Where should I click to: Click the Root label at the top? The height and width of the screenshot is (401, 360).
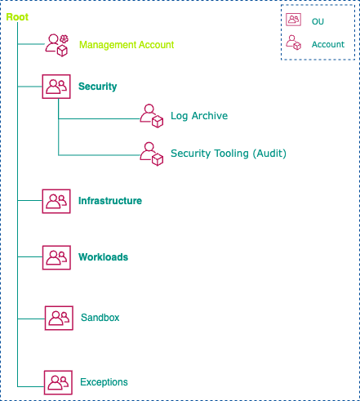pyautogui.click(x=18, y=16)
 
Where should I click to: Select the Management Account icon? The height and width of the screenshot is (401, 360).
pyautogui.click(x=56, y=44)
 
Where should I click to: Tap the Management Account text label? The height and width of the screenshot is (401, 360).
pyautogui.click(x=126, y=45)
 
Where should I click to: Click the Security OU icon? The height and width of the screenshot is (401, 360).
pyautogui.click(x=56, y=87)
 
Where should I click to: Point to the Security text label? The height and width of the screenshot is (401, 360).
pyautogui.click(x=97, y=87)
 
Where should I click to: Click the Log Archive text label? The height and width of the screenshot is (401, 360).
pyautogui.click(x=198, y=116)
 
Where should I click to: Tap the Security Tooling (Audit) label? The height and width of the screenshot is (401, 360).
pyautogui.click(x=228, y=154)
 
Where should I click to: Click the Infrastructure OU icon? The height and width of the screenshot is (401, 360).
pyautogui.click(x=56, y=201)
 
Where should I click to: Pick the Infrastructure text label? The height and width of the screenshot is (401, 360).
pyautogui.click(x=110, y=201)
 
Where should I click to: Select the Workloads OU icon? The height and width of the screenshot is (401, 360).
pyautogui.click(x=56, y=257)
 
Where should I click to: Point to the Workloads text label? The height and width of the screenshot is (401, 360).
pyautogui.click(x=103, y=257)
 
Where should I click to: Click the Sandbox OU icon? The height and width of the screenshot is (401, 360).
pyautogui.click(x=58, y=318)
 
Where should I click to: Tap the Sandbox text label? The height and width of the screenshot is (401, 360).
pyautogui.click(x=100, y=317)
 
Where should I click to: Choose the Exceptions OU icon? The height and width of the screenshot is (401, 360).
pyautogui.click(x=56, y=382)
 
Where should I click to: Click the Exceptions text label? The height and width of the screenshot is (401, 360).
pyautogui.click(x=104, y=382)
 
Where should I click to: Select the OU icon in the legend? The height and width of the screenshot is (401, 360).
pyautogui.click(x=294, y=21)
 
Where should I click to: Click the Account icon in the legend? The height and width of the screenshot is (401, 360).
pyautogui.click(x=294, y=45)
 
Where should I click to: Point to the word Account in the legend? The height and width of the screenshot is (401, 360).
pyautogui.click(x=327, y=45)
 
